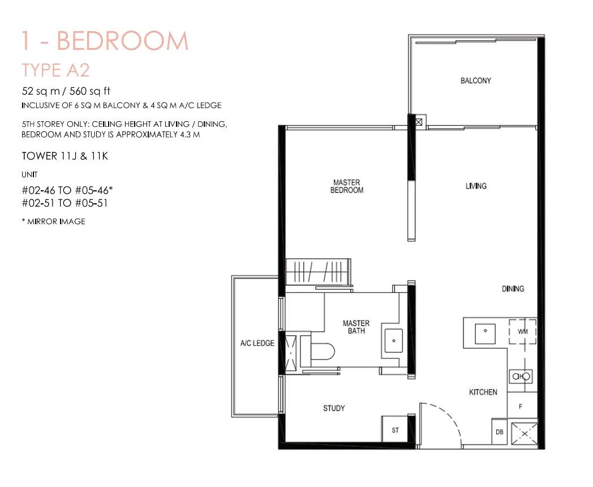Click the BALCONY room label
(475, 80)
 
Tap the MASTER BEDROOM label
(347, 186)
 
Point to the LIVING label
(476, 186)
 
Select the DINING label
(513, 289)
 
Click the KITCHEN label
(483, 392)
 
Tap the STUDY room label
(334, 408)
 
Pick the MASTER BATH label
(356, 327)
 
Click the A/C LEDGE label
(257, 343)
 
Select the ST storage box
(395, 429)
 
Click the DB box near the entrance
(499, 432)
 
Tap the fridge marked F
(522, 405)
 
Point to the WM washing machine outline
(522, 332)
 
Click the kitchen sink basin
(485, 334)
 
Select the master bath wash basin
(394, 340)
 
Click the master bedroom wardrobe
(317, 272)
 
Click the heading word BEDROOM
(123, 41)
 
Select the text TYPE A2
(55, 70)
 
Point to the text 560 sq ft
(89, 91)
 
